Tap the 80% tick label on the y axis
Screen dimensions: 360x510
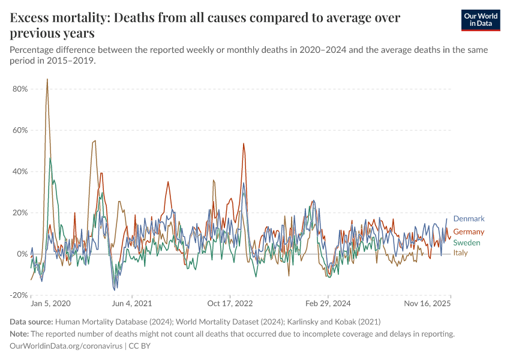(x=19, y=89)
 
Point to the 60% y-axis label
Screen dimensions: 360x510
(x=19, y=130)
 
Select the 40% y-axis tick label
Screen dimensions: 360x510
(x=19, y=172)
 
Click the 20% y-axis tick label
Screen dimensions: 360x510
(x=19, y=212)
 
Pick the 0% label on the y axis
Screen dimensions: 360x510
(x=22, y=254)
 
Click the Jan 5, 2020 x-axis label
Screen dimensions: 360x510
(x=50, y=305)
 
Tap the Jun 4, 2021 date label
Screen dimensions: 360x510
(x=132, y=305)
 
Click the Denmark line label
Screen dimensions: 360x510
(x=469, y=219)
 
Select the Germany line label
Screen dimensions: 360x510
(x=469, y=232)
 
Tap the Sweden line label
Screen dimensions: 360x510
(x=466, y=242)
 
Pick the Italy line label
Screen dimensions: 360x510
(x=460, y=253)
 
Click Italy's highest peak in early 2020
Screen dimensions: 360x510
(x=47, y=80)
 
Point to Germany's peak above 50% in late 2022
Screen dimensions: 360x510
(x=244, y=143)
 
